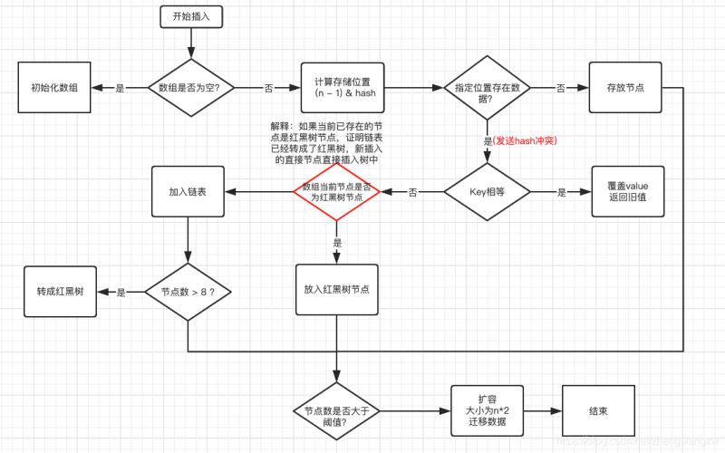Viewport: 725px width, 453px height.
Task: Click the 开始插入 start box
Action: coord(190,15)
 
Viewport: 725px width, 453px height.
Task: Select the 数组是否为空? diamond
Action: coord(190,88)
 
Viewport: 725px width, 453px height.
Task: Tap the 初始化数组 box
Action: coord(53,88)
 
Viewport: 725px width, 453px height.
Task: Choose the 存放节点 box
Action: coord(623,88)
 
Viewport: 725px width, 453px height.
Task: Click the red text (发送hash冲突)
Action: coord(520,141)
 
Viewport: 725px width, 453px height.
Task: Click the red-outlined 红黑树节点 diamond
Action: coord(337,192)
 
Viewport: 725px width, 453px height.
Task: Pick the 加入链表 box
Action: coord(188,192)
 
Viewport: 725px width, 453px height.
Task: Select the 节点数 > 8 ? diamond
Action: coord(188,292)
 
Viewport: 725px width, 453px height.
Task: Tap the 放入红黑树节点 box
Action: coord(336,291)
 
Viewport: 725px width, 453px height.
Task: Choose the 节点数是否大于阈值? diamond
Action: coord(336,410)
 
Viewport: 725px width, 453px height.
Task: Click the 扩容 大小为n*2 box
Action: coord(487,410)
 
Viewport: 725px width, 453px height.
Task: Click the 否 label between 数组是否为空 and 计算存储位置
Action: coord(268,88)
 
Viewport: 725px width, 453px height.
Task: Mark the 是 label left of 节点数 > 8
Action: coord(121,293)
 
